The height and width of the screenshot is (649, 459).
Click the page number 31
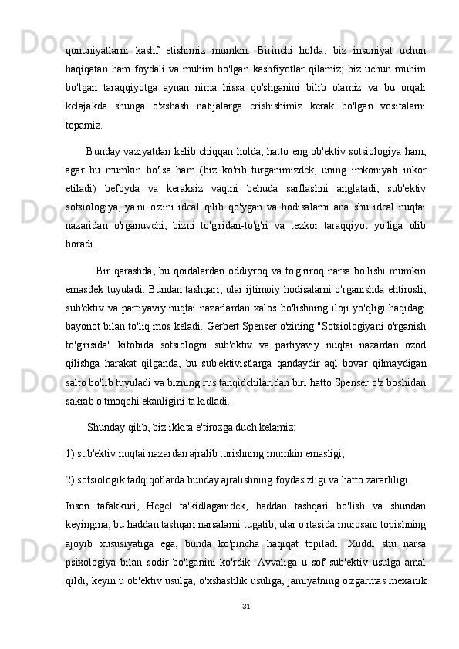point(246,624)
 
